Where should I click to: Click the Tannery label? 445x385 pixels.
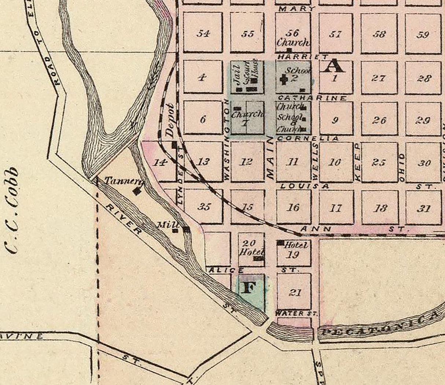pos(118,181)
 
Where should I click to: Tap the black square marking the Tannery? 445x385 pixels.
pos(137,191)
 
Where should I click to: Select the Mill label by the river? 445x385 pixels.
pos(168,224)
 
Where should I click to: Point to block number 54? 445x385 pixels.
pos(203,34)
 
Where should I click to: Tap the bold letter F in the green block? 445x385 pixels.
pos(249,288)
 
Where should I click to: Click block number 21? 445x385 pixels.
pos(295,292)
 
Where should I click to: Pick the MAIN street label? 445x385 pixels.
pos(271,158)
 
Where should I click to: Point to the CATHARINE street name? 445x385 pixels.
pos(312,98)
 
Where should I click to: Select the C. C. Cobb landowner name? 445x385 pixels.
pos(13,210)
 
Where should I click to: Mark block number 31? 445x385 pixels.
pos(424,209)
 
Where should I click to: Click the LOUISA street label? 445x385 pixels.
pos(304,186)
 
